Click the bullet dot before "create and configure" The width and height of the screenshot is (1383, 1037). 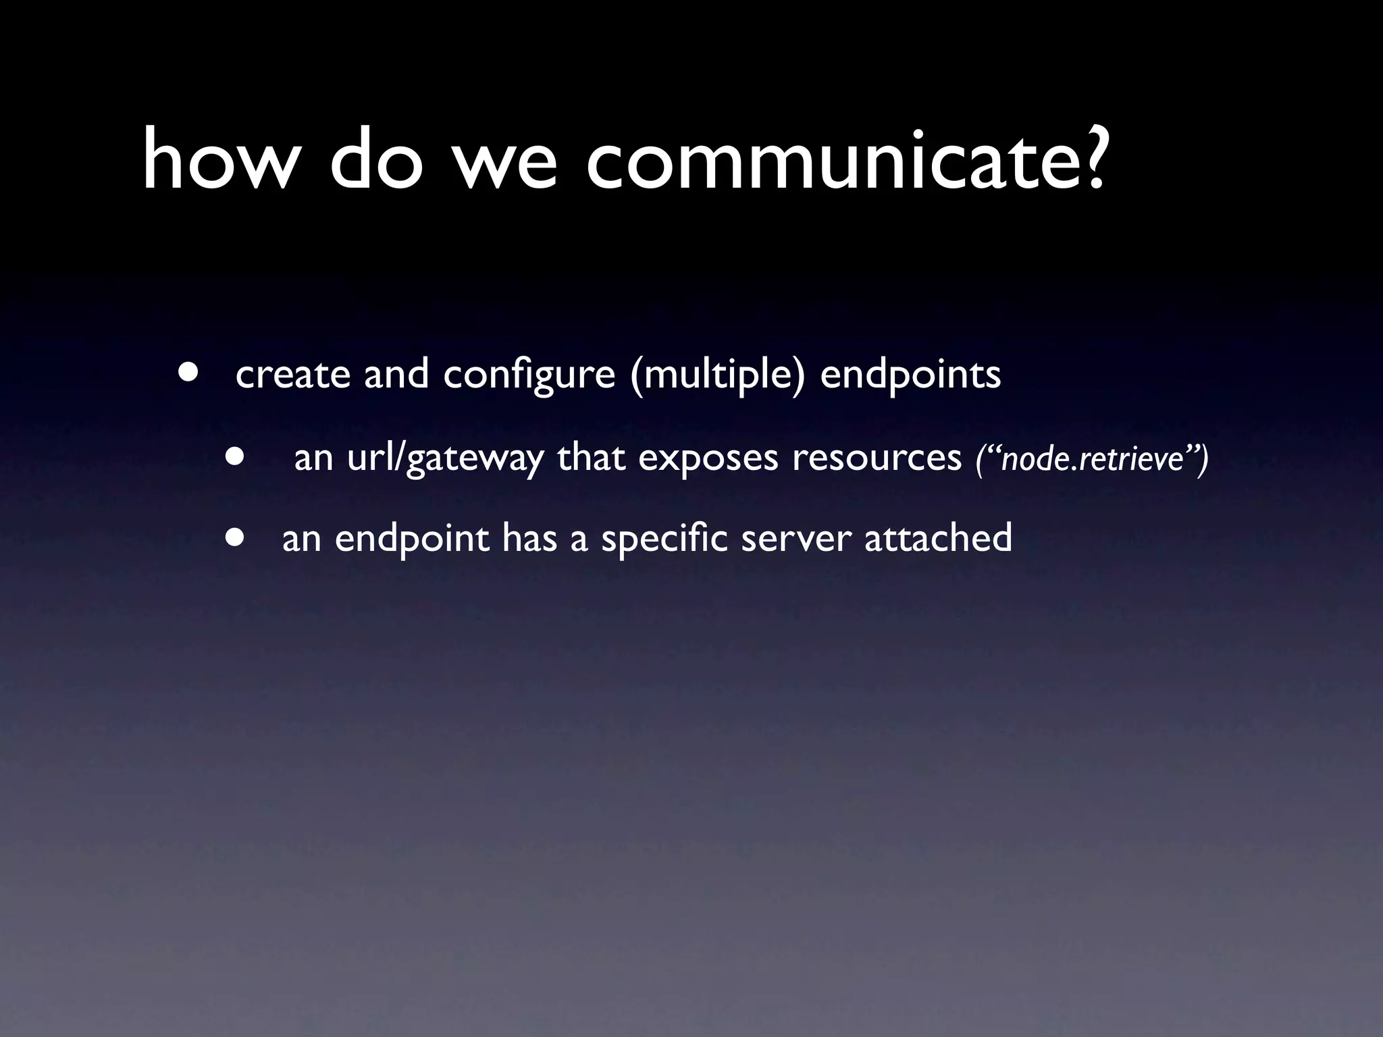tap(188, 373)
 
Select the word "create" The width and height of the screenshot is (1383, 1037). tap(293, 375)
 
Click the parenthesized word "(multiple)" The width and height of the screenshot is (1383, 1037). tap(717, 375)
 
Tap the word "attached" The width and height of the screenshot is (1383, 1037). tap(938, 538)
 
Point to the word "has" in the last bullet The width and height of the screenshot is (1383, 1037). tap(529, 538)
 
